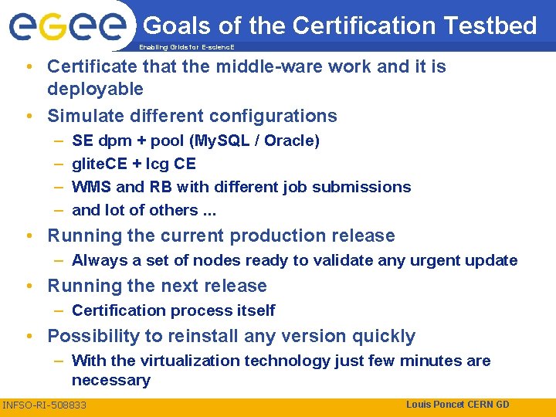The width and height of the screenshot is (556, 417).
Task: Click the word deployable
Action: click(95, 90)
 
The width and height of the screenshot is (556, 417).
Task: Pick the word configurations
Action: click(270, 117)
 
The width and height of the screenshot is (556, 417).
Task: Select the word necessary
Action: click(111, 381)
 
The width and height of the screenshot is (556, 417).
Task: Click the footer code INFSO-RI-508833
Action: click(44, 405)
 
